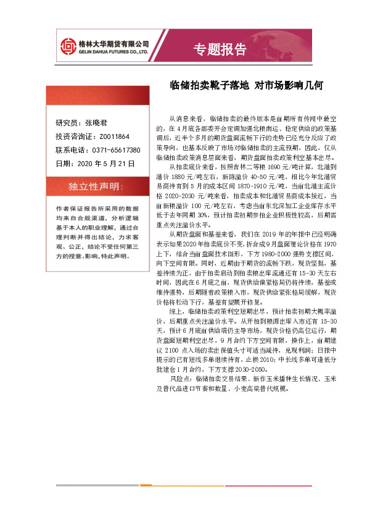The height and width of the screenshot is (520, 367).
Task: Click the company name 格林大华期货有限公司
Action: click(115, 43)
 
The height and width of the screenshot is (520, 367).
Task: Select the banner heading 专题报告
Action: click(220, 49)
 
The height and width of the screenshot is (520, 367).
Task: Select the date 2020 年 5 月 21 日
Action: click(103, 164)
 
